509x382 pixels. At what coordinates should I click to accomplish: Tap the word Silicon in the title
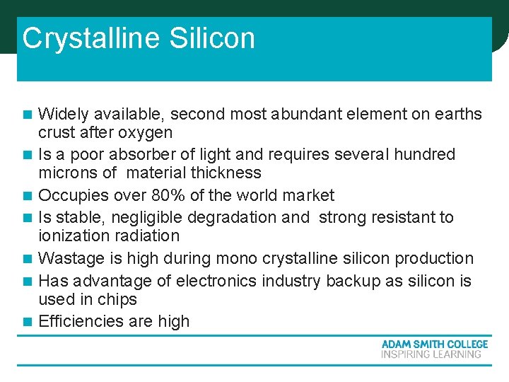click(x=212, y=38)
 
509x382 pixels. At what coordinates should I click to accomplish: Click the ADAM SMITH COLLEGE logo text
click(x=434, y=345)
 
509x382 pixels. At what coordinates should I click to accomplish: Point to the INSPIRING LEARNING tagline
click(x=431, y=354)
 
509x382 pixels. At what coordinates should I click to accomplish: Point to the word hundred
click(x=425, y=154)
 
